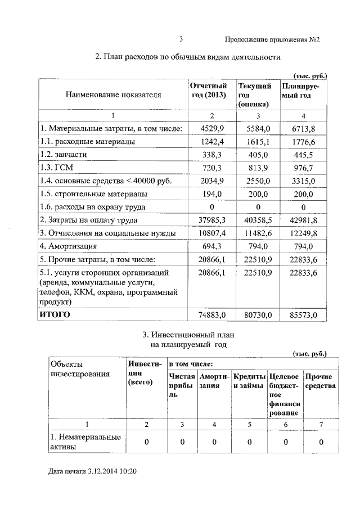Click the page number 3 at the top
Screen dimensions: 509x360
tap(181, 39)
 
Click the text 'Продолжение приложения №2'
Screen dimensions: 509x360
tap(272, 39)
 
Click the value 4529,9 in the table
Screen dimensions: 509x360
tap(212, 129)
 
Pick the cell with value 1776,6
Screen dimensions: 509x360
tap(304, 142)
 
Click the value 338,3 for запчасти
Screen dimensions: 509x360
tap(212, 155)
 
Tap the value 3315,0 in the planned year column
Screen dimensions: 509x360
tap(304, 181)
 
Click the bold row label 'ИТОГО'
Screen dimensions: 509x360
tap(55, 314)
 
